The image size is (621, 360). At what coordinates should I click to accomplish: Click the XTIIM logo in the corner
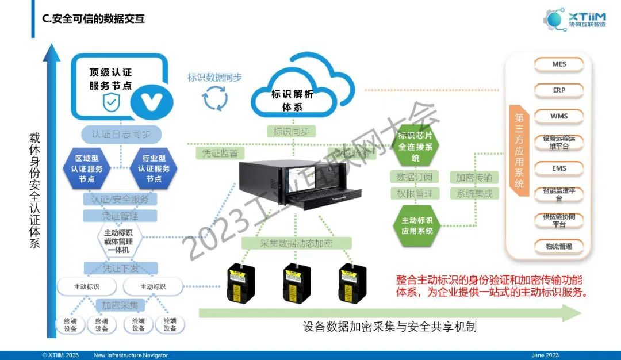click(575, 20)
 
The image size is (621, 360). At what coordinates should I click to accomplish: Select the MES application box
click(559, 64)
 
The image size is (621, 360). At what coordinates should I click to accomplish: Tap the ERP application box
click(559, 90)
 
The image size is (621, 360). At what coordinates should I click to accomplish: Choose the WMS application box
click(559, 116)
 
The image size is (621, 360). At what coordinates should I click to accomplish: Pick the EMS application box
click(559, 168)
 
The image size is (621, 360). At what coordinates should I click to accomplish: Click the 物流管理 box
click(559, 246)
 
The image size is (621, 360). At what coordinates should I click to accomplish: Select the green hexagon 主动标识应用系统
click(417, 225)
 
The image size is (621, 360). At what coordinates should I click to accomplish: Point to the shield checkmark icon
click(111, 103)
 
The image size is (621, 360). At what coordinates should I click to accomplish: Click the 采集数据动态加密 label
click(296, 243)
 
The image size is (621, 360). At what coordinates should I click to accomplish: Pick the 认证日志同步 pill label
click(121, 134)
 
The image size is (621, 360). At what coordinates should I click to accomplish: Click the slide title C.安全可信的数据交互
click(94, 19)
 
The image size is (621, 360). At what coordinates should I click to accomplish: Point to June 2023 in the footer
click(545, 355)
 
